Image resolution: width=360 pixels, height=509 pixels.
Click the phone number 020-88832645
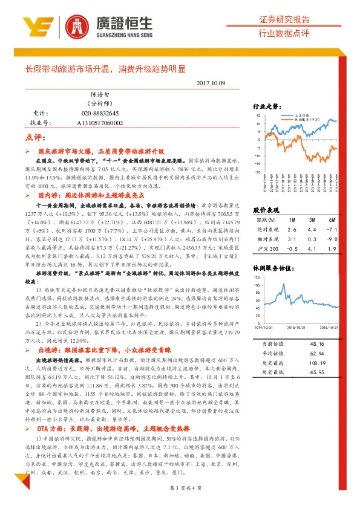100,113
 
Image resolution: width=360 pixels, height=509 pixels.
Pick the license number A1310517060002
100,123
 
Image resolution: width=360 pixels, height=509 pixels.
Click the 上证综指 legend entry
302,114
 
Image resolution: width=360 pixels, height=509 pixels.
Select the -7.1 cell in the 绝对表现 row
330,230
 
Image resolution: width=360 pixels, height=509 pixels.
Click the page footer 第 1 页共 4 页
180,487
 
